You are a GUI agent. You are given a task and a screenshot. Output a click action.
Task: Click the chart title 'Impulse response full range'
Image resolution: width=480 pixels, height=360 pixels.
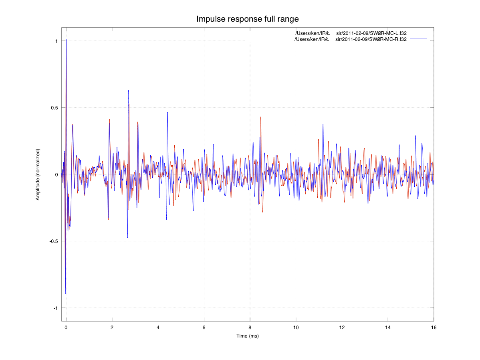(x=248, y=19)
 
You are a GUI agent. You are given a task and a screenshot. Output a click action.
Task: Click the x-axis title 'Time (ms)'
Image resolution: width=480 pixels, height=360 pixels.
(x=247, y=336)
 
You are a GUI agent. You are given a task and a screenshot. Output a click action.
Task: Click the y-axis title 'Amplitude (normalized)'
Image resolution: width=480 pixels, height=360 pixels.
(x=38, y=174)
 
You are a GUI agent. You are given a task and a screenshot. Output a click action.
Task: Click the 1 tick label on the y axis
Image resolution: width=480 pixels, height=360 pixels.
(x=56, y=41)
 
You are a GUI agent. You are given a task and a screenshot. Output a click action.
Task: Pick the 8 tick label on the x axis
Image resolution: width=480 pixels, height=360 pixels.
(x=250, y=328)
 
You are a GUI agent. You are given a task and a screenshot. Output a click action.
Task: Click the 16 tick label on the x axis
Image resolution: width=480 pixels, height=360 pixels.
(x=434, y=328)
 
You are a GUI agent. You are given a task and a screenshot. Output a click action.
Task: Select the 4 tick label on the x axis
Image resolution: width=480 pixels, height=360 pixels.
(x=158, y=328)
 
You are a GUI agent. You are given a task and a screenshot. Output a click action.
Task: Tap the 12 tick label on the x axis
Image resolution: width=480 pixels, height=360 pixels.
(x=342, y=328)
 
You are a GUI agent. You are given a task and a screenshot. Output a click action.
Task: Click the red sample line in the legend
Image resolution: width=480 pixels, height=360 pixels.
(x=418, y=33)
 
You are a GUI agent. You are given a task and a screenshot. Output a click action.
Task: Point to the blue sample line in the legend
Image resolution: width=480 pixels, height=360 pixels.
(x=418, y=39)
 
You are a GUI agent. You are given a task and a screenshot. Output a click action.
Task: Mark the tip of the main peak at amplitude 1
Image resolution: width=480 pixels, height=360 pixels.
(x=66, y=40)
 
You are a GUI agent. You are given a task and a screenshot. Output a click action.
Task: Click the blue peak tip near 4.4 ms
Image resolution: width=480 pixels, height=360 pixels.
(x=167, y=113)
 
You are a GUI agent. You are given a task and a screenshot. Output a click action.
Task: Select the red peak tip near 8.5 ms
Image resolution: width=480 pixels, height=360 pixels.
(x=261, y=117)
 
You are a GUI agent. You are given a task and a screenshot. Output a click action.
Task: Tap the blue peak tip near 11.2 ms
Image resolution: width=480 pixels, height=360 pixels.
(x=323, y=125)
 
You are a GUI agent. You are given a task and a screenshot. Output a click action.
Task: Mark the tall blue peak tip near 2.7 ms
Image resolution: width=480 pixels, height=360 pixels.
(x=128, y=90)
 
